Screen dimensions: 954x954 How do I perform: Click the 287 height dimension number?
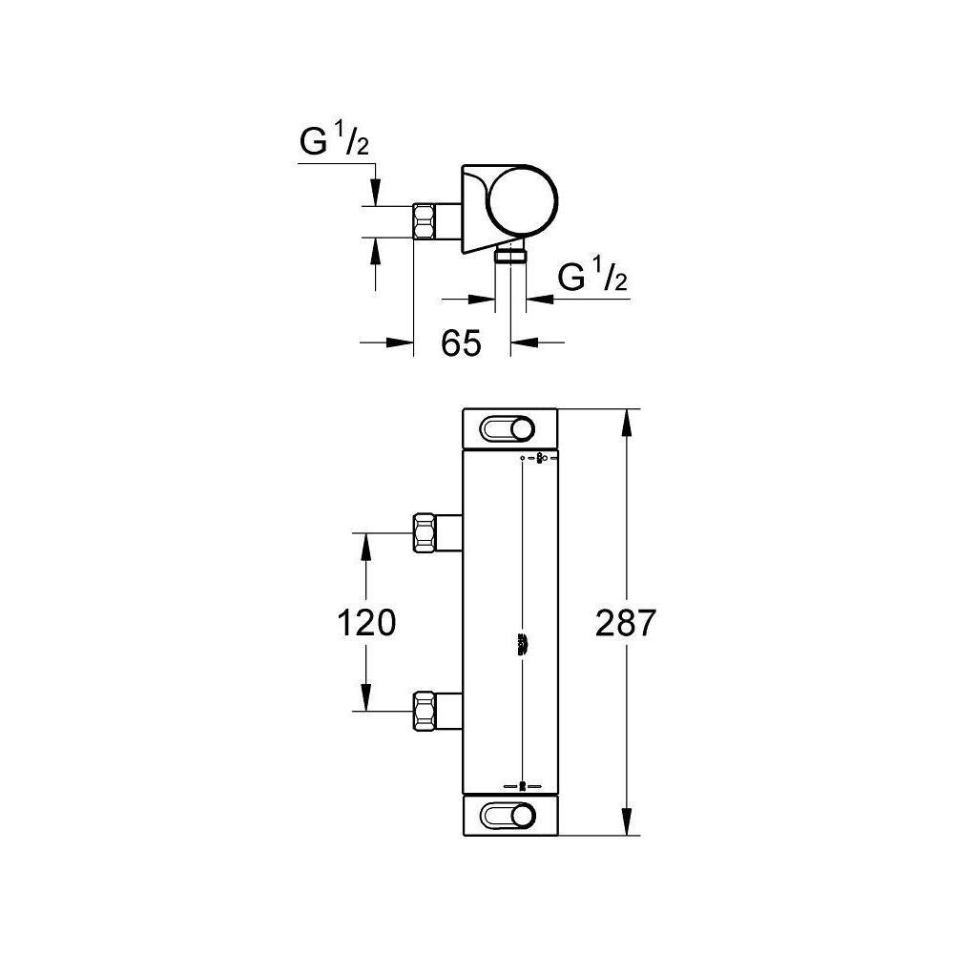626,622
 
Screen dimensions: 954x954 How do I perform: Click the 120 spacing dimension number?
366,622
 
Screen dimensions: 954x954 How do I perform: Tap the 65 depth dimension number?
461,342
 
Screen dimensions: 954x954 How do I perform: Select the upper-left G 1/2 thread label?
334,143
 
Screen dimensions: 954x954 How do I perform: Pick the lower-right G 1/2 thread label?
592,276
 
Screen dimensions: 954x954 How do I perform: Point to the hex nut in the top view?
425,221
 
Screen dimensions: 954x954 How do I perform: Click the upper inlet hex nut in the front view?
425,533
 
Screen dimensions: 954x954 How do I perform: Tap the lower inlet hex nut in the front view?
425,711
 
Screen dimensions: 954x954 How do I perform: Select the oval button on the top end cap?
508,429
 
